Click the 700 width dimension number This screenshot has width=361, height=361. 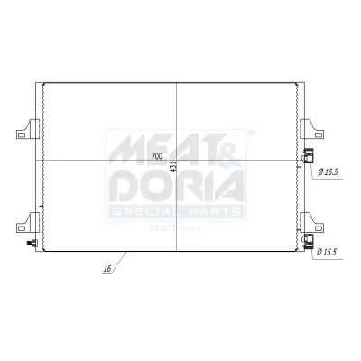158,156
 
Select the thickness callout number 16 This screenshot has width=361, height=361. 106,269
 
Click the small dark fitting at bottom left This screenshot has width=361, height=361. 32,243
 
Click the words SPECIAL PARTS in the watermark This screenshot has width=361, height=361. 176,213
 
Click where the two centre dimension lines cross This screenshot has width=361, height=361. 177,161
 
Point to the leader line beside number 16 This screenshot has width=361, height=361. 121,260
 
